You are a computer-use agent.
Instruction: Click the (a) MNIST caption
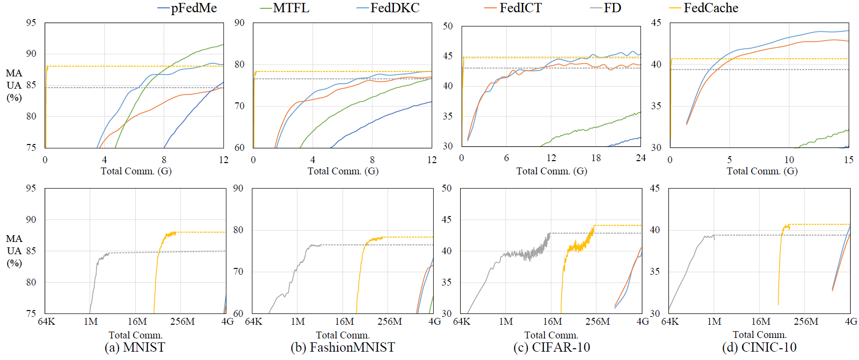click(x=135, y=347)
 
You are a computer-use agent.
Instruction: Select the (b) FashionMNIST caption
click(x=343, y=347)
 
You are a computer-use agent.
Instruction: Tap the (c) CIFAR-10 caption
click(x=551, y=347)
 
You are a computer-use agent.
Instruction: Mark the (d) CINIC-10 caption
click(x=759, y=347)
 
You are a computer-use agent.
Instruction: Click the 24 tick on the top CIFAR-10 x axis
click(x=640, y=158)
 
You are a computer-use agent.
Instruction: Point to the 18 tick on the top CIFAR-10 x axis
click(x=596, y=158)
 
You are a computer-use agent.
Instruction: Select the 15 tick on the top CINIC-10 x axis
click(x=848, y=160)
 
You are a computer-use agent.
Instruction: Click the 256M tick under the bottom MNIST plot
click(x=182, y=322)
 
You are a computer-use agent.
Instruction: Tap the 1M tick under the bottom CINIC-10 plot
click(x=714, y=322)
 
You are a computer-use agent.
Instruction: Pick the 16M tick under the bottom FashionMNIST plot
click(x=344, y=322)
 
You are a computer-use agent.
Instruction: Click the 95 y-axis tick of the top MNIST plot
click(x=31, y=23)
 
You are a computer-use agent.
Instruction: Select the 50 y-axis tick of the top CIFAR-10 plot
click(x=447, y=26)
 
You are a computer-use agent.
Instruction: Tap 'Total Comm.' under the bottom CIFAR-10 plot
click(x=551, y=335)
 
